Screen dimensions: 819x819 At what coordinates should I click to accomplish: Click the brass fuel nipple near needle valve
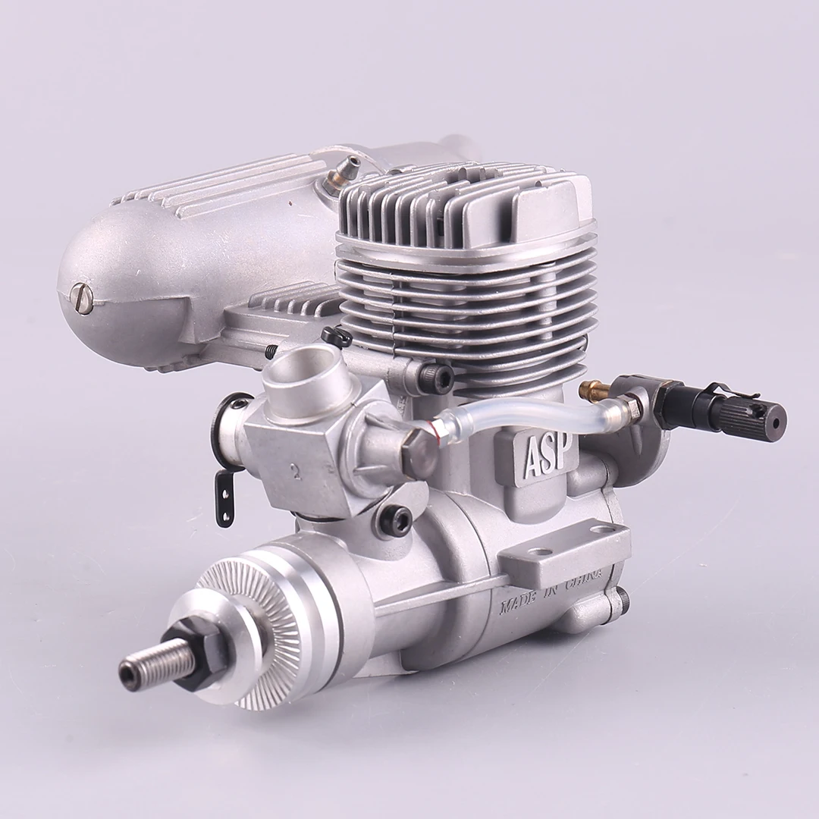click(x=591, y=391)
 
